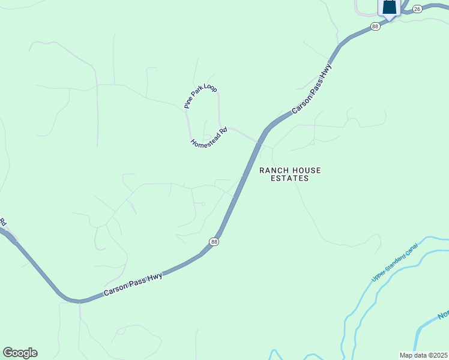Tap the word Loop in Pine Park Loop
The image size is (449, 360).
click(x=210, y=88)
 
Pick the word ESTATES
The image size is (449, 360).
click(x=289, y=178)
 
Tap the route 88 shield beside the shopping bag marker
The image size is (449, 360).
click(x=376, y=26)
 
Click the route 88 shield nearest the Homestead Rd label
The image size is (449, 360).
click(x=214, y=241)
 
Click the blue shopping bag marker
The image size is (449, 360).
click(x=390, y=8)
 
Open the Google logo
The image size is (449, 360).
click(x=20, y=353)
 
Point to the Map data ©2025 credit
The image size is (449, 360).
click(x=424, y=355)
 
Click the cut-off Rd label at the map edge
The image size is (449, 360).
click(x=2, y=221)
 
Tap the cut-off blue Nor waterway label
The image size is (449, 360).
click(x=443, y=315)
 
